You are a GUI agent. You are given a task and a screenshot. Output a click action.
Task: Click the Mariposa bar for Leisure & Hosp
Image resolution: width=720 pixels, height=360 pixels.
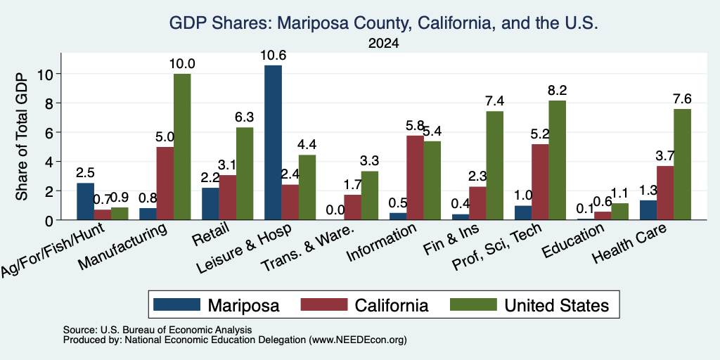coord(274,142)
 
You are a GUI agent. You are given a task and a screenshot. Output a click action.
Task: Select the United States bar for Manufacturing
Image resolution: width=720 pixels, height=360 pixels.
coord(182,147)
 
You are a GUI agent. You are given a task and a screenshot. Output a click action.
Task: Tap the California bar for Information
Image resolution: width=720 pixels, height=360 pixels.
coord(415,178)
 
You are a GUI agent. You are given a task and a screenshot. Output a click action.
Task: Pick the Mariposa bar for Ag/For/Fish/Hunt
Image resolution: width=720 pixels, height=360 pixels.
coord(85,202)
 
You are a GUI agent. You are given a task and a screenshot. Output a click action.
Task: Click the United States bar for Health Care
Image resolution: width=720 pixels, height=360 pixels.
coord(682,165)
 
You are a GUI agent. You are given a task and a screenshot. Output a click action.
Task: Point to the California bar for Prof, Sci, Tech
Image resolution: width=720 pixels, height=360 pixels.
coord(541,182)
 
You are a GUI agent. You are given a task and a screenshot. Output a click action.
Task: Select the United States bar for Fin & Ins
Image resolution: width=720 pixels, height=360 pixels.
coord(494,166)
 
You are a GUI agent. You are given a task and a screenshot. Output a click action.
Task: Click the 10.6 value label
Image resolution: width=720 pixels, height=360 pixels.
coord(273,56)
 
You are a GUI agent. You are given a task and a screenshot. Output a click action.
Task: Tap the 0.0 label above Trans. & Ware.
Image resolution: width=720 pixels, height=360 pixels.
coord(335,210)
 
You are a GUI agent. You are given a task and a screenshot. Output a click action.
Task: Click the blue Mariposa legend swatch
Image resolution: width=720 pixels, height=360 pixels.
coord(176,304)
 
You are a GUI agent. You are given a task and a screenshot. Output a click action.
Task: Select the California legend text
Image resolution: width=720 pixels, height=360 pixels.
coord(391,305)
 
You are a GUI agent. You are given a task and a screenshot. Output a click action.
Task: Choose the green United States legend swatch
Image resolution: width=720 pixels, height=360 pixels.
coord(473,304)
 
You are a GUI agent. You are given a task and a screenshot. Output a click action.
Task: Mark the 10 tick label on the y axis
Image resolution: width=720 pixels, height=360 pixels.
coord(46,74)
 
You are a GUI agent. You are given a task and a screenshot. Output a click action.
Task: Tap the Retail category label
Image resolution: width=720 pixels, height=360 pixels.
coord(210,234)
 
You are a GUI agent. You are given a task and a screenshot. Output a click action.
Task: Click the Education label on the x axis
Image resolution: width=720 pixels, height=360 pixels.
coord(572,241)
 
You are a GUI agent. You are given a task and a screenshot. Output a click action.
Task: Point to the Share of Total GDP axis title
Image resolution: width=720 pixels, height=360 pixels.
coord(22,136)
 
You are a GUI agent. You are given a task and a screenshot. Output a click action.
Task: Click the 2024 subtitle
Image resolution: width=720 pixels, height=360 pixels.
coord(383,44)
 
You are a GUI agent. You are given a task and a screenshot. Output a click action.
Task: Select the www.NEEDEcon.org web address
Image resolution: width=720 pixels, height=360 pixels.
coord(358,340)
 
